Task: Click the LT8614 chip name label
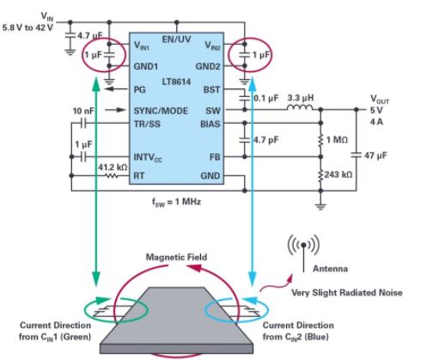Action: coord(176,82)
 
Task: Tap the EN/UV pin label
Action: coord(177,40)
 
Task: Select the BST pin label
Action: coord(211,89)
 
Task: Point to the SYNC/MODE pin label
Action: coord(161,111)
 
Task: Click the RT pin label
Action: coord(139,175)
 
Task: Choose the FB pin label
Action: coord(215,157)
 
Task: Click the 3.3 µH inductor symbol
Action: coord(301,107)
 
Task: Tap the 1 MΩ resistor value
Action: coord(337,140)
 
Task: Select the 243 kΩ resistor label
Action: coord(338,174)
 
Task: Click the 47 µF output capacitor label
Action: coord(375,156)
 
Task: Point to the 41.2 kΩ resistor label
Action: coord(113,168)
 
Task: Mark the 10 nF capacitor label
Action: coord(83,111)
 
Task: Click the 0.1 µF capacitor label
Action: coord(266,98)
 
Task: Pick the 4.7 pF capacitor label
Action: coord(266,140)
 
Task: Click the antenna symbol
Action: coord(304,253)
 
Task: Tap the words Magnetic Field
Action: coord(177,257)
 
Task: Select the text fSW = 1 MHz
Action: coord(176,202)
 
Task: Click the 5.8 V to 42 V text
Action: coord(27,27)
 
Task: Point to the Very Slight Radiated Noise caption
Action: coord(347,293)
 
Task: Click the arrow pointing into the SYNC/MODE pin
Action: coord(116,110)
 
